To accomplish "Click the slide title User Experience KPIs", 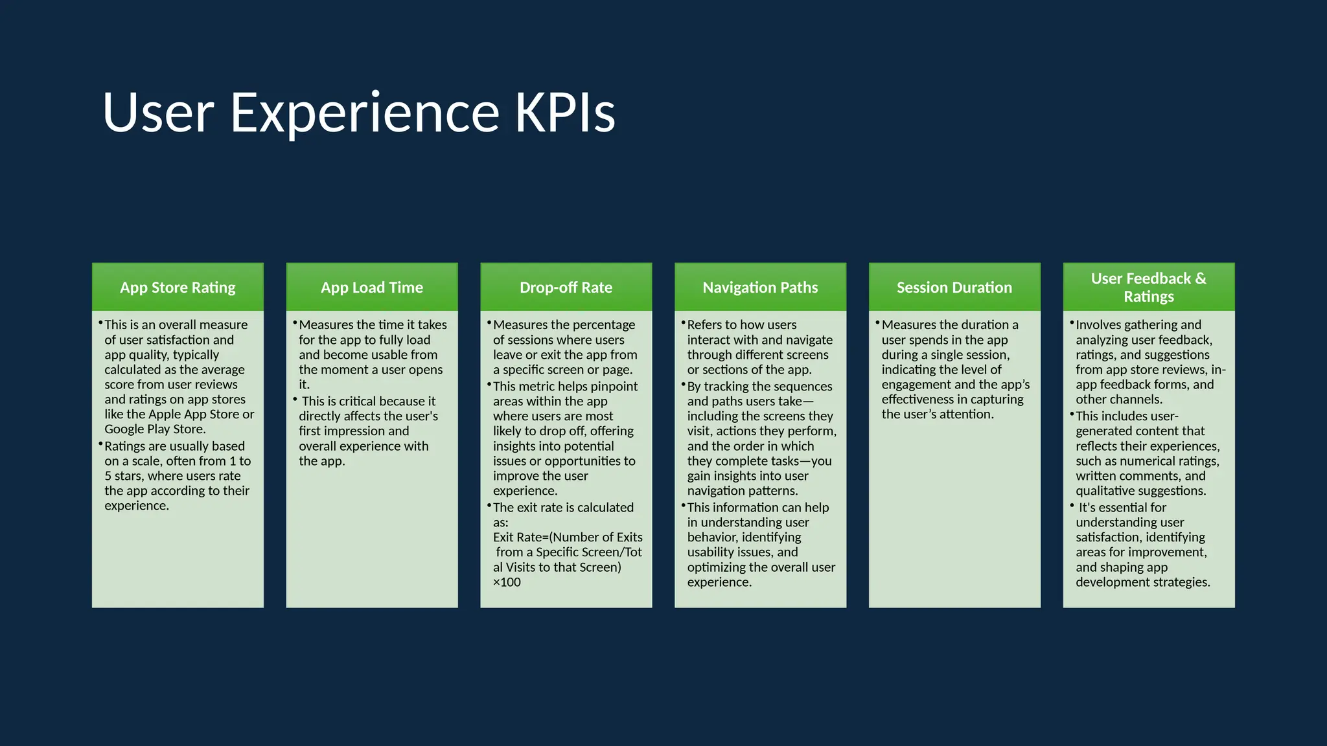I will pos(358,113).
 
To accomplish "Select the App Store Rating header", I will pos(178,288).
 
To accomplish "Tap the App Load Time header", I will pos(372,288).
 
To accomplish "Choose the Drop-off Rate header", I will pos(566,288).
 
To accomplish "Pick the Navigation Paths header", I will pos(760,288).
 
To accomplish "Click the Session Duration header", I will pos(954,288).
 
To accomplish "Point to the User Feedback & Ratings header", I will pos(1148,288).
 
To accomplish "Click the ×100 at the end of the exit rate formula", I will pos(507,582).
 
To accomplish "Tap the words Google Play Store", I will pos(154,429).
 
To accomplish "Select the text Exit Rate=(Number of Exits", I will pos(568,537).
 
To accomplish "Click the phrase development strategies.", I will pos(1142,582).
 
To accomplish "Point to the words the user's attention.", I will pos(937,414).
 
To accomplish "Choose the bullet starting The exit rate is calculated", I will pos(563,508).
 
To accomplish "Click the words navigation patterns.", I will pos(742,491).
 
